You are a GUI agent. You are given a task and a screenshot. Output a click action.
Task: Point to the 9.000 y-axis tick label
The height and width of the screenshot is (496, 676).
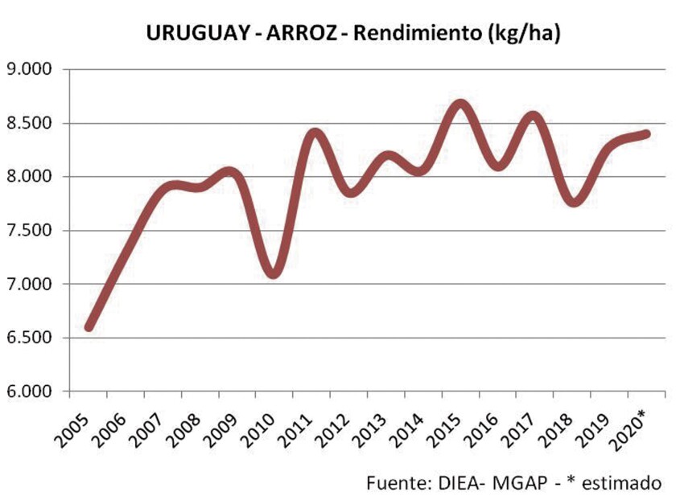coord(29,70)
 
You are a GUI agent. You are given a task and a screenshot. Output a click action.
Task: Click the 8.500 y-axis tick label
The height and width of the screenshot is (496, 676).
coord(29,124)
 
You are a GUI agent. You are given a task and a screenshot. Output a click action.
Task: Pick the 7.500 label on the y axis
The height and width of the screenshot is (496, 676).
coord(29,231)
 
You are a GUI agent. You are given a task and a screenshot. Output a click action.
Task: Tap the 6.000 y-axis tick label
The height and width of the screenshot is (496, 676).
coord(29,391)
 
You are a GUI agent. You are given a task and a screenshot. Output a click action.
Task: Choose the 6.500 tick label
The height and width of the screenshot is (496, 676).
coord(29,338)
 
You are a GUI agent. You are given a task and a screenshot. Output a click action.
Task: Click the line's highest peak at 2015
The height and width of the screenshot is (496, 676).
coord(460,105)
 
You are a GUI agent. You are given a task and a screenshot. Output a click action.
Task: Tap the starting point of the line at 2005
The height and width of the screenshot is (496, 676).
coord(89,326)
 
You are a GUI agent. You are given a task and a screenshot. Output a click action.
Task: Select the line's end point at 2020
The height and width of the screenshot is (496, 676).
coord(645,133)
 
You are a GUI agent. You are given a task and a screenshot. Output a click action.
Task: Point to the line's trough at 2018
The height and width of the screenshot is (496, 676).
coord(572,202)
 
